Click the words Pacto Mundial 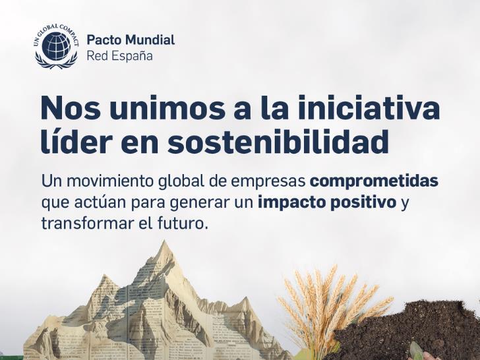(131, 40)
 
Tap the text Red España (119, 56)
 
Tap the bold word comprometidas (373, 181)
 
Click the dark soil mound (422, 330)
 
